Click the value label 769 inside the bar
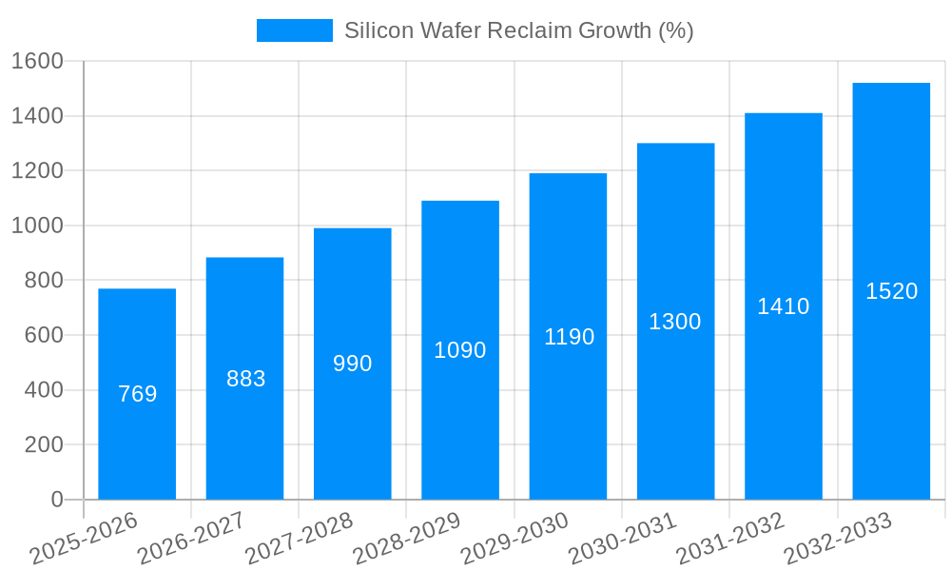[x=137, y=394]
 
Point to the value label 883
[x=245, y=379]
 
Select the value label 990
[x=353, y=364]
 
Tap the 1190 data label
[x=569, y=337]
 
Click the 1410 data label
[x=784, y=306]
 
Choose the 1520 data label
[x=891, y=291]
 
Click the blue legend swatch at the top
[x=294, y=30]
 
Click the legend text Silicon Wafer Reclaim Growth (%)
[x=518, y=30]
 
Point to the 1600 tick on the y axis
[x=37, y=62]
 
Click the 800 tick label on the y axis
[x=44, y=281]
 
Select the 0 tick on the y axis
[x=56, y=500]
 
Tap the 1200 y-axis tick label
[x=37, y=171]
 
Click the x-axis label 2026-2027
[x=191, y=538]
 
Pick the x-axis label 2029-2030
[x=514, y=538]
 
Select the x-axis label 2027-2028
[x=299, y=538]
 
